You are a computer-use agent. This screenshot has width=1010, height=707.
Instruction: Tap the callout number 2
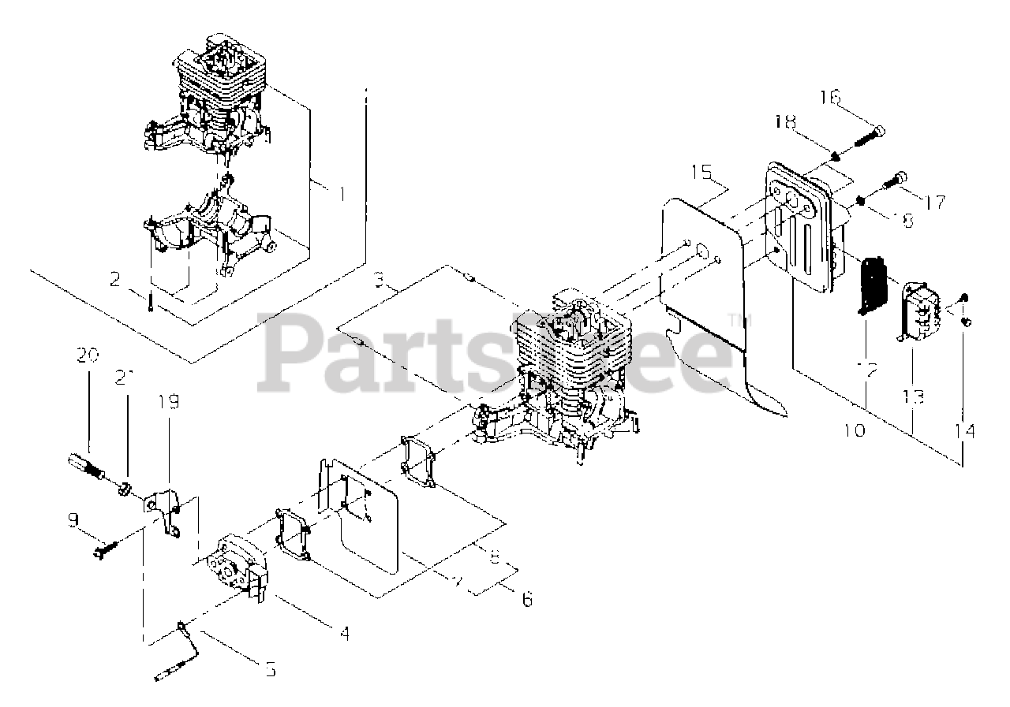click(x=115, y=279)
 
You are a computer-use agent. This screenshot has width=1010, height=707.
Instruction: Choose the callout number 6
click(x=526, y=599)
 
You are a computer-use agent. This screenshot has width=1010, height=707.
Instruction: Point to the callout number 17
click(x=934, y=202)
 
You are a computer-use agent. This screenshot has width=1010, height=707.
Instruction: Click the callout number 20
click(x=88, y=356)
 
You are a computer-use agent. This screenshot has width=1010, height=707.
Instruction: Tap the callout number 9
click(x=73, y=519)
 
